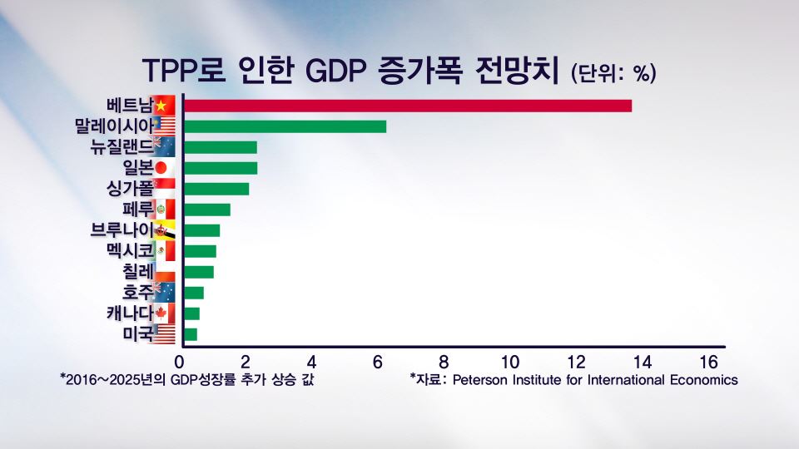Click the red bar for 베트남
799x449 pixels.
(x=407, y=106)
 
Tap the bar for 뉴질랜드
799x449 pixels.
(x=220, y=147)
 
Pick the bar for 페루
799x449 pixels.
(x=206, y=210)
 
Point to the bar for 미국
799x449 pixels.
(x=190, y=334)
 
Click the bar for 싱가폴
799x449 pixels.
(x=216, y=189)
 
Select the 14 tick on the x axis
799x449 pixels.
(x=641, y=363)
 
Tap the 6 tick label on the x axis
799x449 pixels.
(x=377, y=363)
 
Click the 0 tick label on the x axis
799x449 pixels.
(x=179, y=363)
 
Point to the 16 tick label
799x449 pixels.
(x=707, y=363)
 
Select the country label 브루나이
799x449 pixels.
(x=122, y=230)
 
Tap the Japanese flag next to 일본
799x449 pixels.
(x=164, y=168)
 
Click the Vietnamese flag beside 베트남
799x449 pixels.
(x=165, y=106)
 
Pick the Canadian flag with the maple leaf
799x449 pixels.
(x=164, y=313)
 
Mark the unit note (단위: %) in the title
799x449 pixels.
(x=613, y=73)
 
